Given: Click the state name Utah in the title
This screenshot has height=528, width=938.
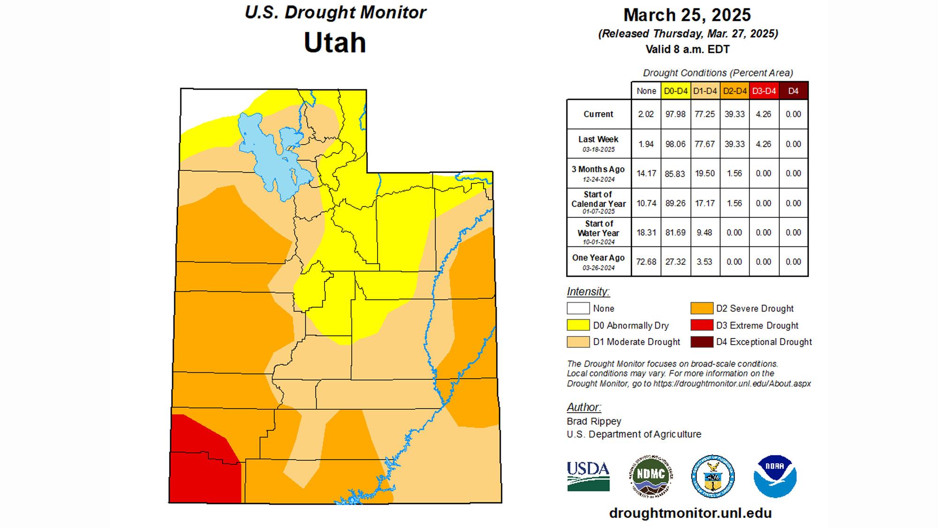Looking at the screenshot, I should (335, 43).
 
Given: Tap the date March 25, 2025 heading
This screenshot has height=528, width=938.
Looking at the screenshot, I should (687, 15).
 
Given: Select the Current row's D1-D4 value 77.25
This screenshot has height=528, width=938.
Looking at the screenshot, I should (704, 114).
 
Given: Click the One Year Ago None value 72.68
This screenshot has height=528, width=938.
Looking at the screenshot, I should (646, 262).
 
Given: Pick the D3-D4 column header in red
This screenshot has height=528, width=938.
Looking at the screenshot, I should (764, 91).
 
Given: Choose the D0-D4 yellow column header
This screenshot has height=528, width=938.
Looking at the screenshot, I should (675, 91).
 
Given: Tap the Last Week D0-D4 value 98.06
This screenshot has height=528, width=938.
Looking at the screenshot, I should (675, 144).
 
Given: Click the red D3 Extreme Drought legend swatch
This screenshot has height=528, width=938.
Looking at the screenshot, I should (702, 325).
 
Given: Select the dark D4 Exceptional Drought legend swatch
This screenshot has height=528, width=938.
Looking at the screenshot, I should (702, 342).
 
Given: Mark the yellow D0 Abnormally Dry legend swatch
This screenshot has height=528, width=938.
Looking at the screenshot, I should (578, 325).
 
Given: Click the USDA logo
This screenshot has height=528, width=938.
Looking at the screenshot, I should (588, 476).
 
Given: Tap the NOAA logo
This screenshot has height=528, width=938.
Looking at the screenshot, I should (775, 476).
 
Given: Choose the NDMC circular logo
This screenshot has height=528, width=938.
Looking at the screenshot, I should (651, 476).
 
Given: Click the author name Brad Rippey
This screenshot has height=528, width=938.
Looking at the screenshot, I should (594, 421).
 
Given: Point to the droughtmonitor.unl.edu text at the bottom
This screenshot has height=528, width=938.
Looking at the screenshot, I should (690, 513).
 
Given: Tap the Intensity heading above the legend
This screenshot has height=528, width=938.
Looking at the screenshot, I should (588, 291).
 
